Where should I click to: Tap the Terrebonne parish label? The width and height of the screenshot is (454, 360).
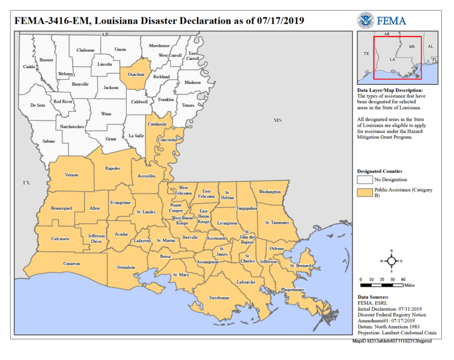pos(219,297)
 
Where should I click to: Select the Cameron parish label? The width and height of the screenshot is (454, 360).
pos(71,263)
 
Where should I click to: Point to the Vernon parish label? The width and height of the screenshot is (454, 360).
pos(72,175)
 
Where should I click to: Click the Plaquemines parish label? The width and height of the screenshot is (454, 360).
pos(292,290)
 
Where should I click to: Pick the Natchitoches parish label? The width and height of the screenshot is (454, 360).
pos(73,126)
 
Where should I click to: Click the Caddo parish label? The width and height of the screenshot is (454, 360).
pos(29,67)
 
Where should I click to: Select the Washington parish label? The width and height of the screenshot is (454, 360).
pos(270,192)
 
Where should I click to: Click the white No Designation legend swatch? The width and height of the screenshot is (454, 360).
pos(364,179)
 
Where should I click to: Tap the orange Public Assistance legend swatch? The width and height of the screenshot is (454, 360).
pos(364,192)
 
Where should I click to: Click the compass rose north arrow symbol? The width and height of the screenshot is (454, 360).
pos(391,261)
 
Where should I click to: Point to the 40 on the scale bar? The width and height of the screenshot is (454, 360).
pos(402,279)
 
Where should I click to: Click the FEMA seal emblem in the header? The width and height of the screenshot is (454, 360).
pos(366,20)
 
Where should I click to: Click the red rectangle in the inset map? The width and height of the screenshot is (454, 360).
pos(397,58)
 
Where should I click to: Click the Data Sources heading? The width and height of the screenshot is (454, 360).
pos(373,297)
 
